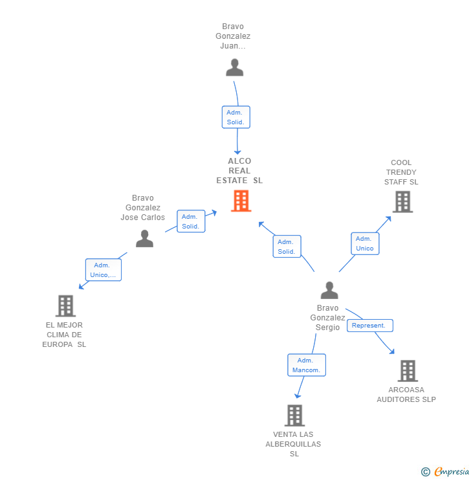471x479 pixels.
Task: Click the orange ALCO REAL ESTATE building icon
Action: (241, 201)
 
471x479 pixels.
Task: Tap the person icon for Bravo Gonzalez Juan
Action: (234, 67)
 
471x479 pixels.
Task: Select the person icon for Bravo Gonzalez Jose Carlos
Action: (144, 238)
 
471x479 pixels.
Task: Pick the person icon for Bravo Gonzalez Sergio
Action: (329, 290)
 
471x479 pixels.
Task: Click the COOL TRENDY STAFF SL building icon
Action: (402, 202)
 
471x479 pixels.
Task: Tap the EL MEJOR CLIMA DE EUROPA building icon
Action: (65, 306)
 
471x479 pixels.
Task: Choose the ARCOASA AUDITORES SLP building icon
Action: (407, 371)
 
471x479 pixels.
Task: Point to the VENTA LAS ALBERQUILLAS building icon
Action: (294, 415)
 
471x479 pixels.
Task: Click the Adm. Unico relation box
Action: (364, 243)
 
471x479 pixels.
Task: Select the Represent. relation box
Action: (370, 326)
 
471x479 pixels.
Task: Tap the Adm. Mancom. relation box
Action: (306, 365)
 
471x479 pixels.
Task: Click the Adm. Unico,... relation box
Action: (104, 270)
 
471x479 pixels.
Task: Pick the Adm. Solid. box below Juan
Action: (235, 117)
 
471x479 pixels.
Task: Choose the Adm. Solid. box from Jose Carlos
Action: (190, 221)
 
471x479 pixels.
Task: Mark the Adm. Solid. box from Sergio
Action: (287, 247)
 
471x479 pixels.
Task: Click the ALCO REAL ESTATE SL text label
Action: (239, 171)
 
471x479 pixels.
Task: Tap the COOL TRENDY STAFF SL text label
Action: (401, 172)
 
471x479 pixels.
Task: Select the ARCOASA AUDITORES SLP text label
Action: (406, 394)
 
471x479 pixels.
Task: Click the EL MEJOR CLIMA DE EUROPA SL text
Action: (64, 335)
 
